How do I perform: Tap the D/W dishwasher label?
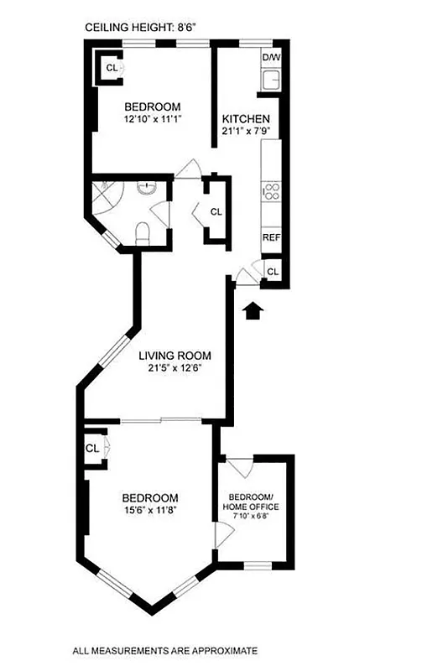coord(271,57)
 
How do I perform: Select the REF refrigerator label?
coord(270,237)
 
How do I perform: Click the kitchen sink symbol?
coord(271,81)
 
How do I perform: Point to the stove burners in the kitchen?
coord(271,190)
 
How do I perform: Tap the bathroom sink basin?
coord(147,188)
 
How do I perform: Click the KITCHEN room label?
coord(245,119)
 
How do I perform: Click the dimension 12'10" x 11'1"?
coord(153,119)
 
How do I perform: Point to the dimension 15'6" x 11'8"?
coord(152,508)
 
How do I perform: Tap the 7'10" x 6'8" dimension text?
coord(250,518)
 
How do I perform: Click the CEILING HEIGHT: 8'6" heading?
coord(140,28)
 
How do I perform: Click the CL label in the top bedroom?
coord(110,67)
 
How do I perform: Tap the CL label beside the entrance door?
coord(273,270)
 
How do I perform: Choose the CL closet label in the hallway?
coord(216,212)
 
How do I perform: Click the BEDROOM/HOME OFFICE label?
coord(250,502)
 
